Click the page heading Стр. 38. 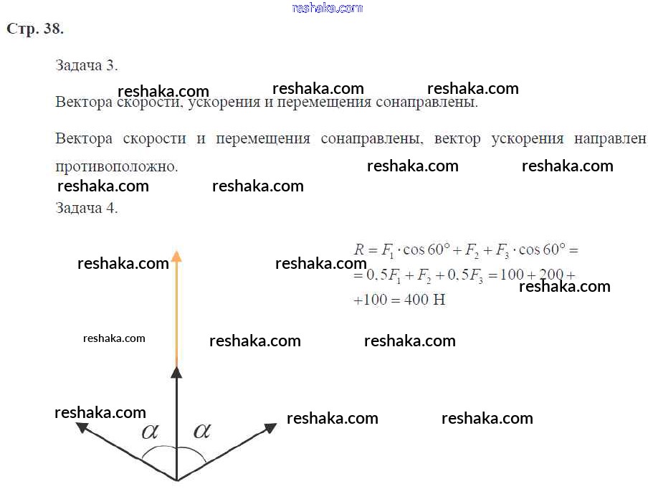(35, 29)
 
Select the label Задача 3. (86, 65)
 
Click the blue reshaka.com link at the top (328, 8)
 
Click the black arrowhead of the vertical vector (176, 371)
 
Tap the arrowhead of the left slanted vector (82, 427)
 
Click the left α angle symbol (151, 431)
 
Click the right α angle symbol (202, 430)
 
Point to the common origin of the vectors (176, 480)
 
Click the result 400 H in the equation (424, 300)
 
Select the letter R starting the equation (360, 250)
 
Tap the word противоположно (116, 166)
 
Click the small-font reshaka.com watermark (114, 338)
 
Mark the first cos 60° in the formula (426, 250)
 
